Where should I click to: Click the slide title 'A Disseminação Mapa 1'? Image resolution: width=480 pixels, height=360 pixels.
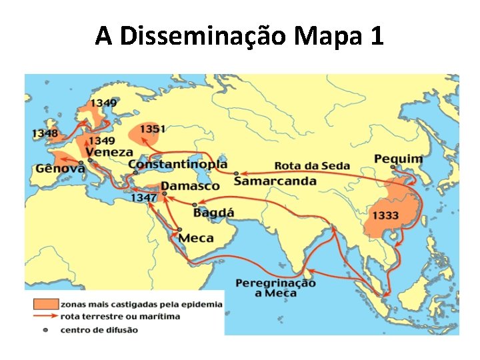239,35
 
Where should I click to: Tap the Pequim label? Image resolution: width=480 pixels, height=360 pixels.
398,159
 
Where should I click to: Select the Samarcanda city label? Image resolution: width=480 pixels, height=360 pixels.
275,181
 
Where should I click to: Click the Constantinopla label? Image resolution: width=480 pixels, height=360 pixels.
177,164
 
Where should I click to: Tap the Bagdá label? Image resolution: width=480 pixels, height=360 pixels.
213,213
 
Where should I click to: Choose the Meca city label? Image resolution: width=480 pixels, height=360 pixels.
196,238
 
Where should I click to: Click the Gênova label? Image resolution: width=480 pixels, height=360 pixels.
60,169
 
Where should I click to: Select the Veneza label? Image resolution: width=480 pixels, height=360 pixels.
109,153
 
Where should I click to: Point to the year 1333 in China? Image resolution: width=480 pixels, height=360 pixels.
386,215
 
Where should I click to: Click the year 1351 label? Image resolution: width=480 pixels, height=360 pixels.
153,129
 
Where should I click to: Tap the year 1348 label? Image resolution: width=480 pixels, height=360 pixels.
45,133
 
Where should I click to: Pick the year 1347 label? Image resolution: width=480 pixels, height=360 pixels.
143,198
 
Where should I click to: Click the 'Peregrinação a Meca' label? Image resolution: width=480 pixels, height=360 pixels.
275,288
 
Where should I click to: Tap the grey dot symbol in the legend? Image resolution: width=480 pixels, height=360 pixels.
45,329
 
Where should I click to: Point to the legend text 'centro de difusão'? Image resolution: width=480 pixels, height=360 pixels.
99,329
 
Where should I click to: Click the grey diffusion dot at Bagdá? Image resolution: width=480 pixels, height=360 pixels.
194,205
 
